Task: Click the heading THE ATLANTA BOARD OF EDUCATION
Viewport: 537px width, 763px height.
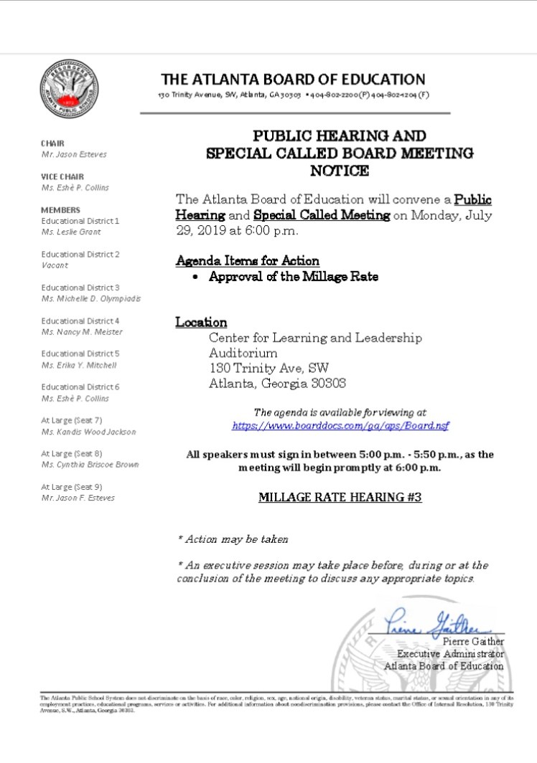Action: click(x=293, y=79)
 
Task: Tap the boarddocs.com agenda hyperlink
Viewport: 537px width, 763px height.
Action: click(x=340, y=425)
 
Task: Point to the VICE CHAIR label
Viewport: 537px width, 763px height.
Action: click(x=62, y=176)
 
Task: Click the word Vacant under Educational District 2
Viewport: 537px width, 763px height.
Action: click(x=55, y=265)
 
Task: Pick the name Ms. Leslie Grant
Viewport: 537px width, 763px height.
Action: click(x=71, y=232)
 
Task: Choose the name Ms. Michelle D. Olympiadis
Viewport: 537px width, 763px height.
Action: click(x=90, y=298)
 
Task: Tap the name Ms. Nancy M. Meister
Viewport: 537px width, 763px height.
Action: click(x=82, y=331)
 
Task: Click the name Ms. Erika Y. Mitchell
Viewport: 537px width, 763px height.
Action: click(x=79, y=365)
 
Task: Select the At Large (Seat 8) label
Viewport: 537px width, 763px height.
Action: click(x=71, y=453)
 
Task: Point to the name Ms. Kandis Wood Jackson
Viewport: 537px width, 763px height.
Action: click(x=88, y=432)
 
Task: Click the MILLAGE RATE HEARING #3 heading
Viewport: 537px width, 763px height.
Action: click(x=340, y=496)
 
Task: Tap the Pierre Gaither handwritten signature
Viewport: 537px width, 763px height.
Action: click(x=436, y=622)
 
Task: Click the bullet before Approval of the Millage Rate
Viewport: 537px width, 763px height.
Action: click(x=195, y=277)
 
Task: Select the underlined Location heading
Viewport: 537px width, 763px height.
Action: click(x=201, y=322)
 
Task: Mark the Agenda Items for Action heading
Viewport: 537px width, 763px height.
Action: click(x=247, y=261)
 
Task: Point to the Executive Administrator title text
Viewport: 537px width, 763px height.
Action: click(x=451, y=654)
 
